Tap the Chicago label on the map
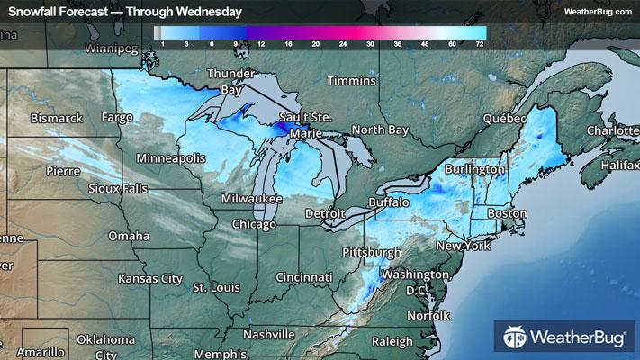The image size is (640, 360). (254, 223)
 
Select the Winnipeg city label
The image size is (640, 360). (114, 47)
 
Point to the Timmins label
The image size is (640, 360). (350, 81)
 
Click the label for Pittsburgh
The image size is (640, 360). (372, 251)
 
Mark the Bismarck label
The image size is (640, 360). (56, 118)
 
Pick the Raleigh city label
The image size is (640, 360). (391, 341)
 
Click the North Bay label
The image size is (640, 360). (379, 130)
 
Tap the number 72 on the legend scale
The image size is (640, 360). (480, 42)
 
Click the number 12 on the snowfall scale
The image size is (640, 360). (260, 42)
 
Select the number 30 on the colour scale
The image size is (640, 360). (370, 42)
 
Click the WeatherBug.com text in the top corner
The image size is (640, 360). (597, 12)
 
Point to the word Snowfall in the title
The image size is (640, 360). (33, 12)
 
